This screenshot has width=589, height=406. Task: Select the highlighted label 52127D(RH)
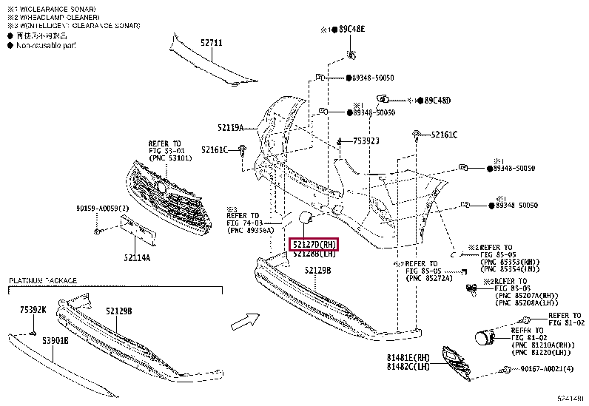[313, 244]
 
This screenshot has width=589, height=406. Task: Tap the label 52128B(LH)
[314, 254]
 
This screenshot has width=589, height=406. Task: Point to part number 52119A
[231, 127]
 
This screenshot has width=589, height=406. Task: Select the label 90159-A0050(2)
[101, 209]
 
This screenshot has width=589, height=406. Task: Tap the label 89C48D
[437, 101]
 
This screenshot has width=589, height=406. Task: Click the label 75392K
[33, 311]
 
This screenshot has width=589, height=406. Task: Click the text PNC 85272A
[430, 280]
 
